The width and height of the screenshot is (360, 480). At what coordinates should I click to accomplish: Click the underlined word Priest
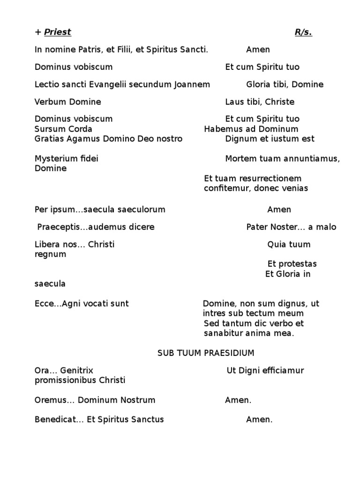click(x=57, y=32)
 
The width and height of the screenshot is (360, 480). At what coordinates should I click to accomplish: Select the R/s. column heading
click(x=303, y=32)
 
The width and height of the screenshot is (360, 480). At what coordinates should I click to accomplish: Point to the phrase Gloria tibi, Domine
click(x=285, y=84)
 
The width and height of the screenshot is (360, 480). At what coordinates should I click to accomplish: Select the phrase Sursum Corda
click(x=63, y=129)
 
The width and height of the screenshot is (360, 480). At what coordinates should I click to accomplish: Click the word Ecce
click(x=44, y=304)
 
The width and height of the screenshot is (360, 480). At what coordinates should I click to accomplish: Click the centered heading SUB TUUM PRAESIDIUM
click(x=206, y=353)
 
